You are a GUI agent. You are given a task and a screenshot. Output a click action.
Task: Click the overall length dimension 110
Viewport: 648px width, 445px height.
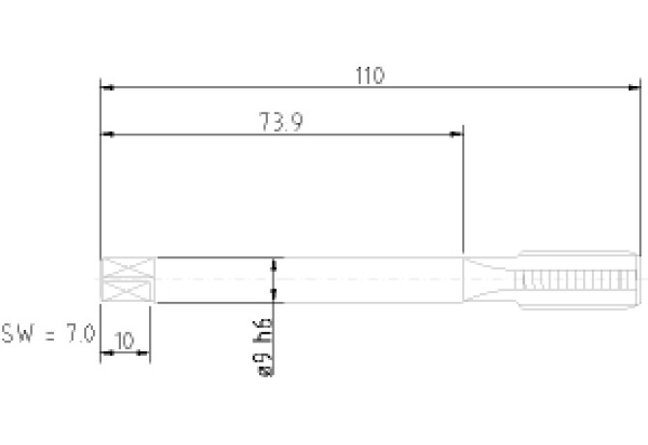pos(369,75)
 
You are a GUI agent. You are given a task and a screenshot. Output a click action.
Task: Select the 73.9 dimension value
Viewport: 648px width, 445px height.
pos(281,122)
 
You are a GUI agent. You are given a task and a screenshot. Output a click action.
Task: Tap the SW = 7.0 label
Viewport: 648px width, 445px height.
pos(48,334)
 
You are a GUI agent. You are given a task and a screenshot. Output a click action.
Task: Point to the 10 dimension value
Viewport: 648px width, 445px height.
pos(125,341)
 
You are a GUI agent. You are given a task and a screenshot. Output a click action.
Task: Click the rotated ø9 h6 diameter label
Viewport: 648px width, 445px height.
pos(263,347)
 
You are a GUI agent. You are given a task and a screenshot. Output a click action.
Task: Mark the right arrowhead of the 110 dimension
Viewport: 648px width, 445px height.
pos(633,88)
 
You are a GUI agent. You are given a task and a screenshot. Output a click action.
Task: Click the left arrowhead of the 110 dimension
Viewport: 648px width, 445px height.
pos(107,88)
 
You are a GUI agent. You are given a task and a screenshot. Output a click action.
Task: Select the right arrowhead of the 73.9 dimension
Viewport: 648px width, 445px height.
pos(457,134)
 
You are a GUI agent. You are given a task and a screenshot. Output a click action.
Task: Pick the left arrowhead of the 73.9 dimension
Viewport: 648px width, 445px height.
pos(107,134)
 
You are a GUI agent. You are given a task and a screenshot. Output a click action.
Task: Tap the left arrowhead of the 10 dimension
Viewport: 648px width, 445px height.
pos(107,353)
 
